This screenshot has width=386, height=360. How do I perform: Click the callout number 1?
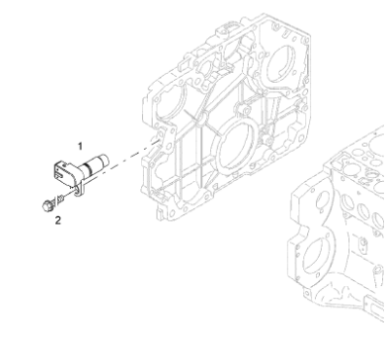click(80, 146)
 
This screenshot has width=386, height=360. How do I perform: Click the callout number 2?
click(57, 221)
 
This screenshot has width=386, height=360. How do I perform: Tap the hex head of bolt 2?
click(48, 205)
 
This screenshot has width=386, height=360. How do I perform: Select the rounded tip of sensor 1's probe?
click(104, 160)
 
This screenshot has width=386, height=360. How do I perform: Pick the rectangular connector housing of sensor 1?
click(65, 172)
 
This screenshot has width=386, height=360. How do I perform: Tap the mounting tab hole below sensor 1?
click(77, 191)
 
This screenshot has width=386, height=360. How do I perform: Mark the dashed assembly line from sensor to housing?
click(134, 153)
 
